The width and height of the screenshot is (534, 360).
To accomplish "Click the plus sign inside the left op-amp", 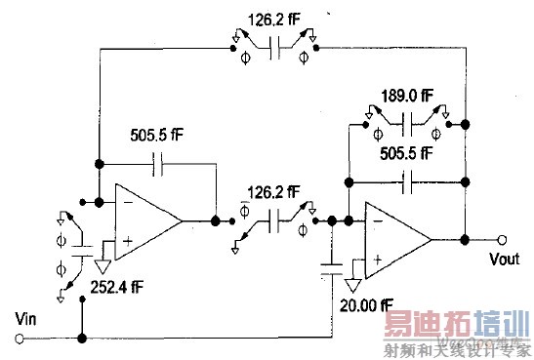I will click(126, 240).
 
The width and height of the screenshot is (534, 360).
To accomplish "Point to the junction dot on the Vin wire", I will click(82, 339).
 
